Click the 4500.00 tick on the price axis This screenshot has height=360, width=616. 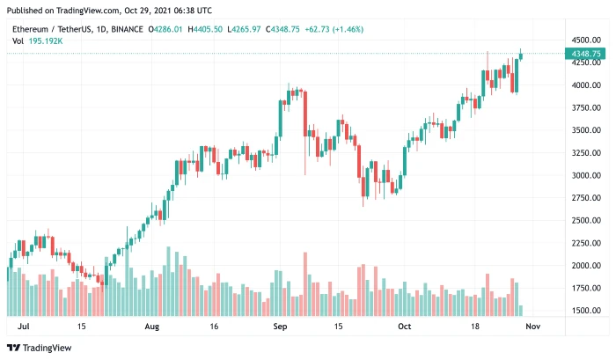pos(585,40)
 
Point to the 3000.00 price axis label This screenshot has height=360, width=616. pos(585,175)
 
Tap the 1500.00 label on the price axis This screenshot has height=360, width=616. pos(585,311)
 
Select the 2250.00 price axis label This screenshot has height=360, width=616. pos(585,243)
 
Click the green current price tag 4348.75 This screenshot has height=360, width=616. pos(586,55)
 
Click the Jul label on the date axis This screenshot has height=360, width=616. pos(24,326)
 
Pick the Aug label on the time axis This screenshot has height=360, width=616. pos(151,326)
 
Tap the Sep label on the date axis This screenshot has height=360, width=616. pos(279,326)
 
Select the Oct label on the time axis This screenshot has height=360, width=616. pos(404,326)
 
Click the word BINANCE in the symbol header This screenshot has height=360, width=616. pos(128,30)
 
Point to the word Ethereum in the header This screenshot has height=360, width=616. pos(29,30)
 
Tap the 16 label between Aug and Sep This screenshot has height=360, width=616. pos(214,326)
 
